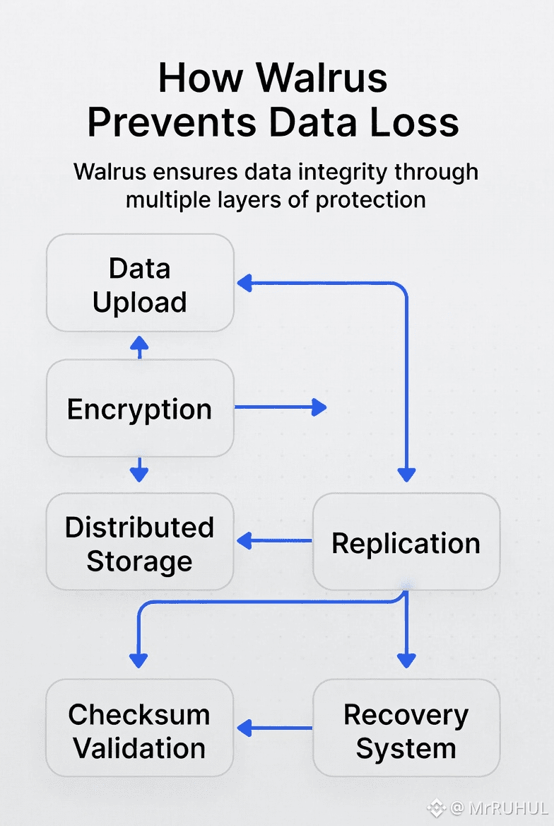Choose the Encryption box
[140, 409]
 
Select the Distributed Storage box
[140, 543]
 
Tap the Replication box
[406, 543]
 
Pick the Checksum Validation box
[140, 730]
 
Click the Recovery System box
[406, 730]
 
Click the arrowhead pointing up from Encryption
[139, 343]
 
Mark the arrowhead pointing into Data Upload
[244, 284]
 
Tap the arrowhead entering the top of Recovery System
[406, 661]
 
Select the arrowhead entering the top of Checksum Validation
[138, 661]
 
